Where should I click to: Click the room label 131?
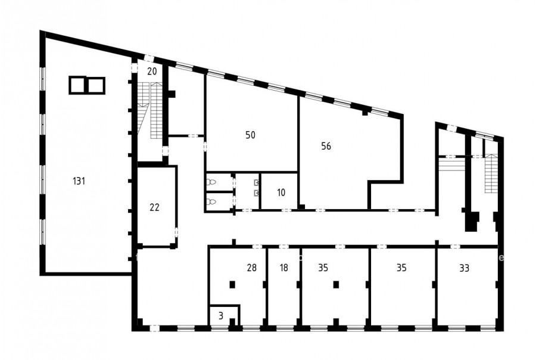pos(79,181)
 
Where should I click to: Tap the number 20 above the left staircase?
pos(152,72)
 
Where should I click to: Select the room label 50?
pos(250,135)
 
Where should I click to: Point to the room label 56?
pos(326,147)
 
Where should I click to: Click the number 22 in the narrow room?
pos(154,207)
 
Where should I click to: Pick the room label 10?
pos(281,193)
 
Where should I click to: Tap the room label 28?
pos(251,268)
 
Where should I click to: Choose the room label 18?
pos(283,268)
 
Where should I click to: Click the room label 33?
pos(464,268)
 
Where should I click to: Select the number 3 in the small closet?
pos(221,316)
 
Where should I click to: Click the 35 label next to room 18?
pos(323,268)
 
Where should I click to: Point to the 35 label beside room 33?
pos(401,268)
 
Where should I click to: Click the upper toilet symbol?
pos(211,182)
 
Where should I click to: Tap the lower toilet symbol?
pos(211,202)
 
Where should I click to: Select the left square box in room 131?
pos(78,85)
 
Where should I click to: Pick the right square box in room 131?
pos(96,85)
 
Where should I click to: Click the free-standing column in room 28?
pos(232,284)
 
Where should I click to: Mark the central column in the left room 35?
pos(336,284)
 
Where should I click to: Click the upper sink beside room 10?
pos(256,183)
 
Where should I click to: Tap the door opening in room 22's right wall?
pos(176,232)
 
